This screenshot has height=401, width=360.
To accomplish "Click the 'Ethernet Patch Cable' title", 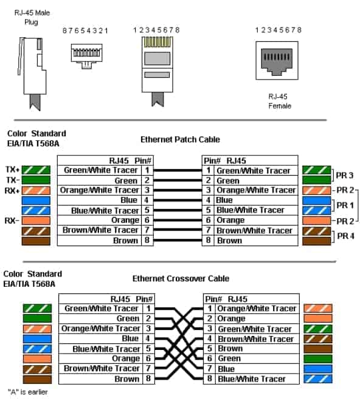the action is click(180, 139).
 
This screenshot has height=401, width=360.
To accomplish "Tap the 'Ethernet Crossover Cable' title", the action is click(181, 278).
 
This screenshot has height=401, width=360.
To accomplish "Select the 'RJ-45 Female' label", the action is click(280, 101).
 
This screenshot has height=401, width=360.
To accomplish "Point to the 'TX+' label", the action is click(12, 170).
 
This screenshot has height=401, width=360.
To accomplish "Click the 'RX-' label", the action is click(12, 221).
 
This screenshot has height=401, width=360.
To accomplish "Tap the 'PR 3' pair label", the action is click(344, 176).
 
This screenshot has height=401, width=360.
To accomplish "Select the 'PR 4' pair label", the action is click(345, 236).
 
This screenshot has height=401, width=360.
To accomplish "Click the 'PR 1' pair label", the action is click(345, 205).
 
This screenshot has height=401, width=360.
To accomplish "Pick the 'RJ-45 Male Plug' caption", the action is click(32, 18).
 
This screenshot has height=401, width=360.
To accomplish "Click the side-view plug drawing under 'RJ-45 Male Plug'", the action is click(32, 73).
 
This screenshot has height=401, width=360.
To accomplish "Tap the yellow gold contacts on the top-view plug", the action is click(157, 42).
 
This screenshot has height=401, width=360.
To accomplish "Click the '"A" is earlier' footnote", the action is click(27, 392).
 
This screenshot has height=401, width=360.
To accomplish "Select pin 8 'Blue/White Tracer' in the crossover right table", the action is click(251, 379).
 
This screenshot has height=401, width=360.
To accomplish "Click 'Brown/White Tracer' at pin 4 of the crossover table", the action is click(255, 339).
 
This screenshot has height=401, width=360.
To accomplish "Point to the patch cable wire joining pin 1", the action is click(178, 170).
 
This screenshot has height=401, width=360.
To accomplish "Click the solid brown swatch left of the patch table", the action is click(36, 241).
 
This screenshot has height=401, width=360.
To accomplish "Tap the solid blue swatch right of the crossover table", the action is click(318, 369).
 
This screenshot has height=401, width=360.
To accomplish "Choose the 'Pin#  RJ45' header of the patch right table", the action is click(225, 161).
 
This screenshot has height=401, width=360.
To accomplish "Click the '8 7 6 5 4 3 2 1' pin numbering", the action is click(85, 31).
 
